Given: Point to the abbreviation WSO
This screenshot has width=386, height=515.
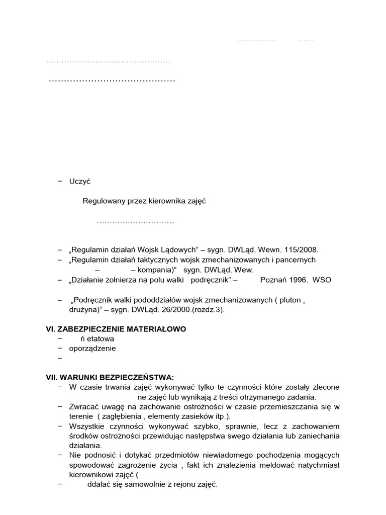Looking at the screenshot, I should pos(322,280).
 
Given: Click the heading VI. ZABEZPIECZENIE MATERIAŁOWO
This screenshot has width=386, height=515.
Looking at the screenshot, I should pos(116,329).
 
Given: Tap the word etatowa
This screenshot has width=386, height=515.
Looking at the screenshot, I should pos(101,339).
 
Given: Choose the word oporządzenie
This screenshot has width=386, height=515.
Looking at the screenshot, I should pos(92,349).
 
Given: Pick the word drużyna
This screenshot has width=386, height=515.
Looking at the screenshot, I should pos(84,310).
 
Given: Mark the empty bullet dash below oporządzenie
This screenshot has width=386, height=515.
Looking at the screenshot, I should pos(60,358).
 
